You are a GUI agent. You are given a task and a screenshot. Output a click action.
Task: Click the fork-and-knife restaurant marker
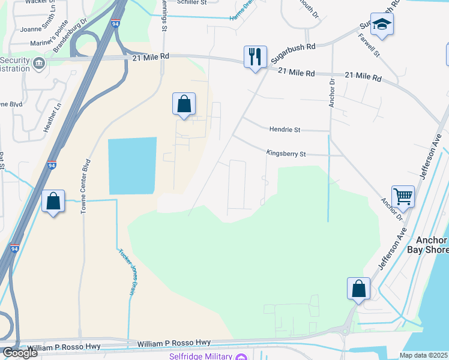point(255,57)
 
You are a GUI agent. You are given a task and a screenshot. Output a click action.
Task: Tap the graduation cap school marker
point(382,25)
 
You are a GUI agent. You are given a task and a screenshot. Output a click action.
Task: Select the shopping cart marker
point(403,197)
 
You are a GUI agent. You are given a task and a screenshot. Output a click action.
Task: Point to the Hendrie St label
point(285,130)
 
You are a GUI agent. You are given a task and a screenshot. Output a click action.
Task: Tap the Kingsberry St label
point(286,154)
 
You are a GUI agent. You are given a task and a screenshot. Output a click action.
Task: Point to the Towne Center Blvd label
point(85,187)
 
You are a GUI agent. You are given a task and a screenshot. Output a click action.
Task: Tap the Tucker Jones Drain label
point(125,272)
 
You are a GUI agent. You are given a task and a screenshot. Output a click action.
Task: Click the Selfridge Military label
point(200,356)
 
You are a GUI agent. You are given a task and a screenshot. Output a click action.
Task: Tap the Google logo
point(20,353)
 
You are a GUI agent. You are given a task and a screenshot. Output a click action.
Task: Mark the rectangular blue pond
point(132,166)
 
